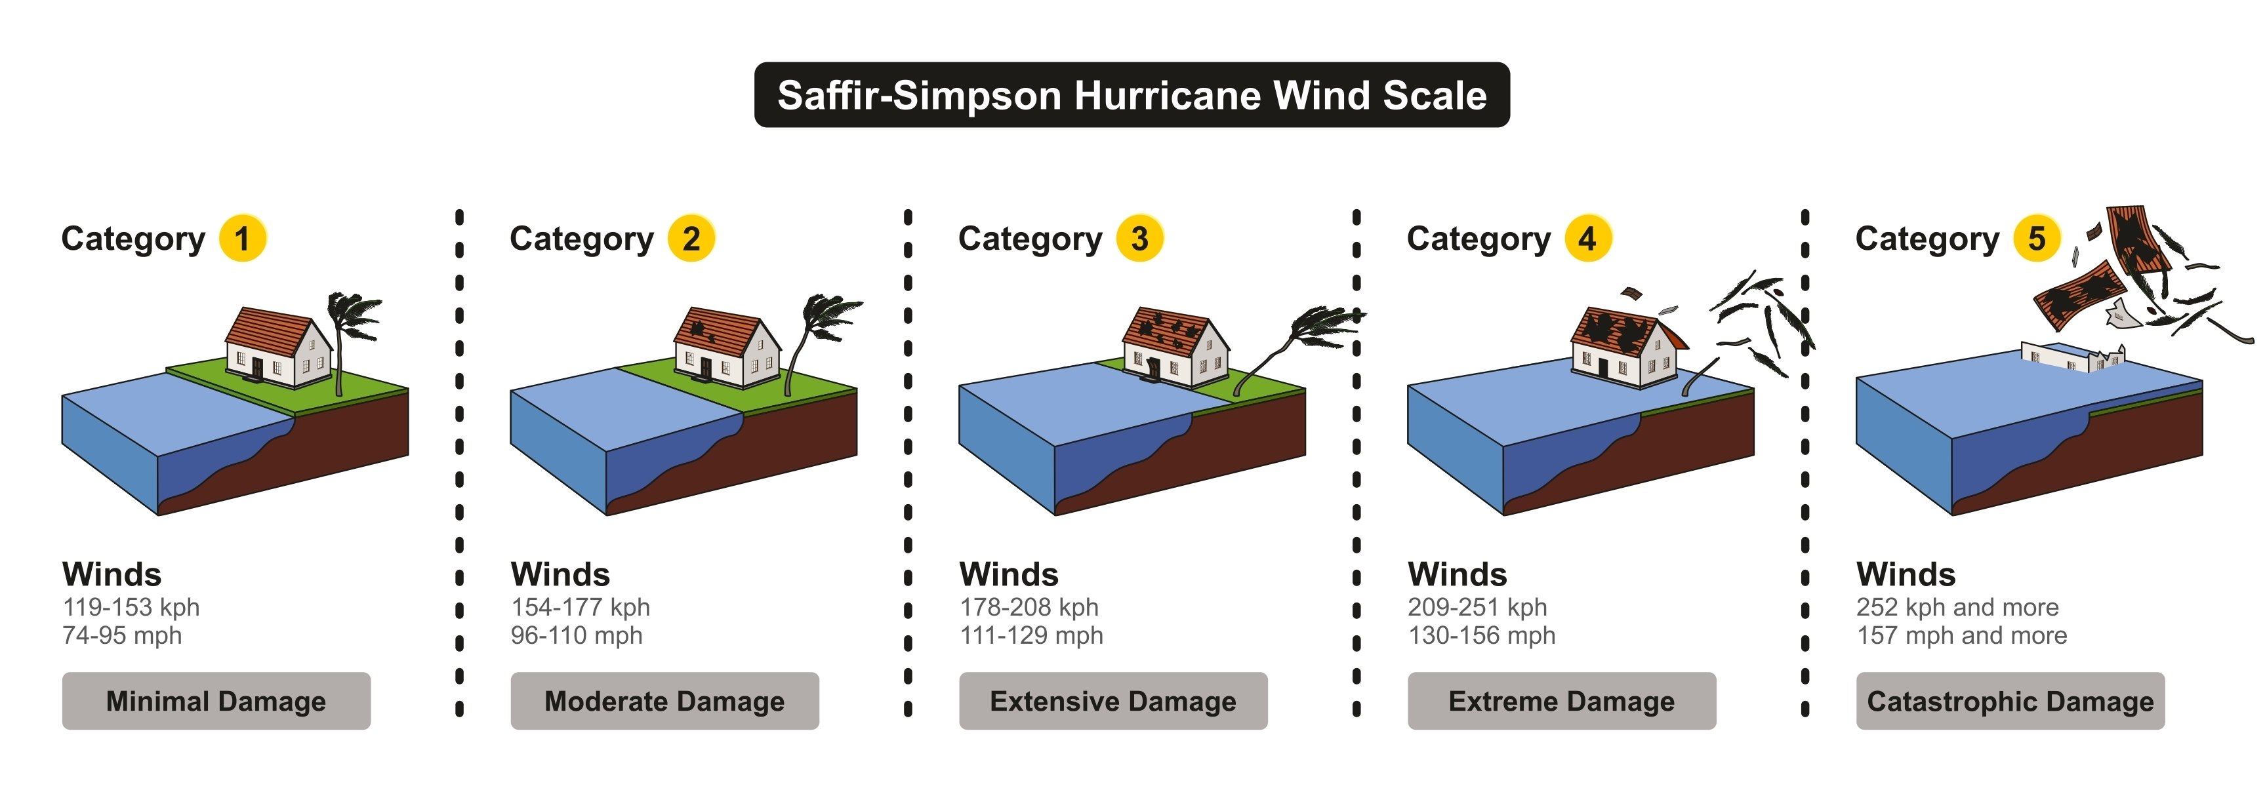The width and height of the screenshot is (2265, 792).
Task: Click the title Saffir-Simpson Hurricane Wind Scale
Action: click(1132, 95)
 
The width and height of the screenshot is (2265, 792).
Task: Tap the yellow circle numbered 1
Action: click(243, 238)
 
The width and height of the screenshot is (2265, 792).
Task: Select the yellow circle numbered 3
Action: click(1139, 238)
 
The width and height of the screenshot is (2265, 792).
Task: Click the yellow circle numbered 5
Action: click(2036, 238)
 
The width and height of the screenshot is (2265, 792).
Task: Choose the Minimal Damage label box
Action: click(216, 701)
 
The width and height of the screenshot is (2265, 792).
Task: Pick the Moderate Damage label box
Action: click(664, 701)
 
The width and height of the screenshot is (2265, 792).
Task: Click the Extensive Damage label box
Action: click(1113, 701)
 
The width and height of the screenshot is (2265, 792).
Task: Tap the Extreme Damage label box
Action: click(1562, 701)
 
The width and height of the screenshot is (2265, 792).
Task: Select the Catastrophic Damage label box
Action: click(2010, 701)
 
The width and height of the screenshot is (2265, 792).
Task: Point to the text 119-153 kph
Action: click(131, 606)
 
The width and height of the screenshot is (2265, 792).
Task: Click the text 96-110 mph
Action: click(577, 635)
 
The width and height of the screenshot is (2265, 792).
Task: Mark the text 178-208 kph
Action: click(1029, 606)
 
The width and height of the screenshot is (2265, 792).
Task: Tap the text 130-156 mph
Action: click(1482, 635)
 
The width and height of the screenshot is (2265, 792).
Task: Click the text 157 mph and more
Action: click(1962, 635)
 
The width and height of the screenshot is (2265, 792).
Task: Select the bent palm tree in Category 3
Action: click(1301, 338)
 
